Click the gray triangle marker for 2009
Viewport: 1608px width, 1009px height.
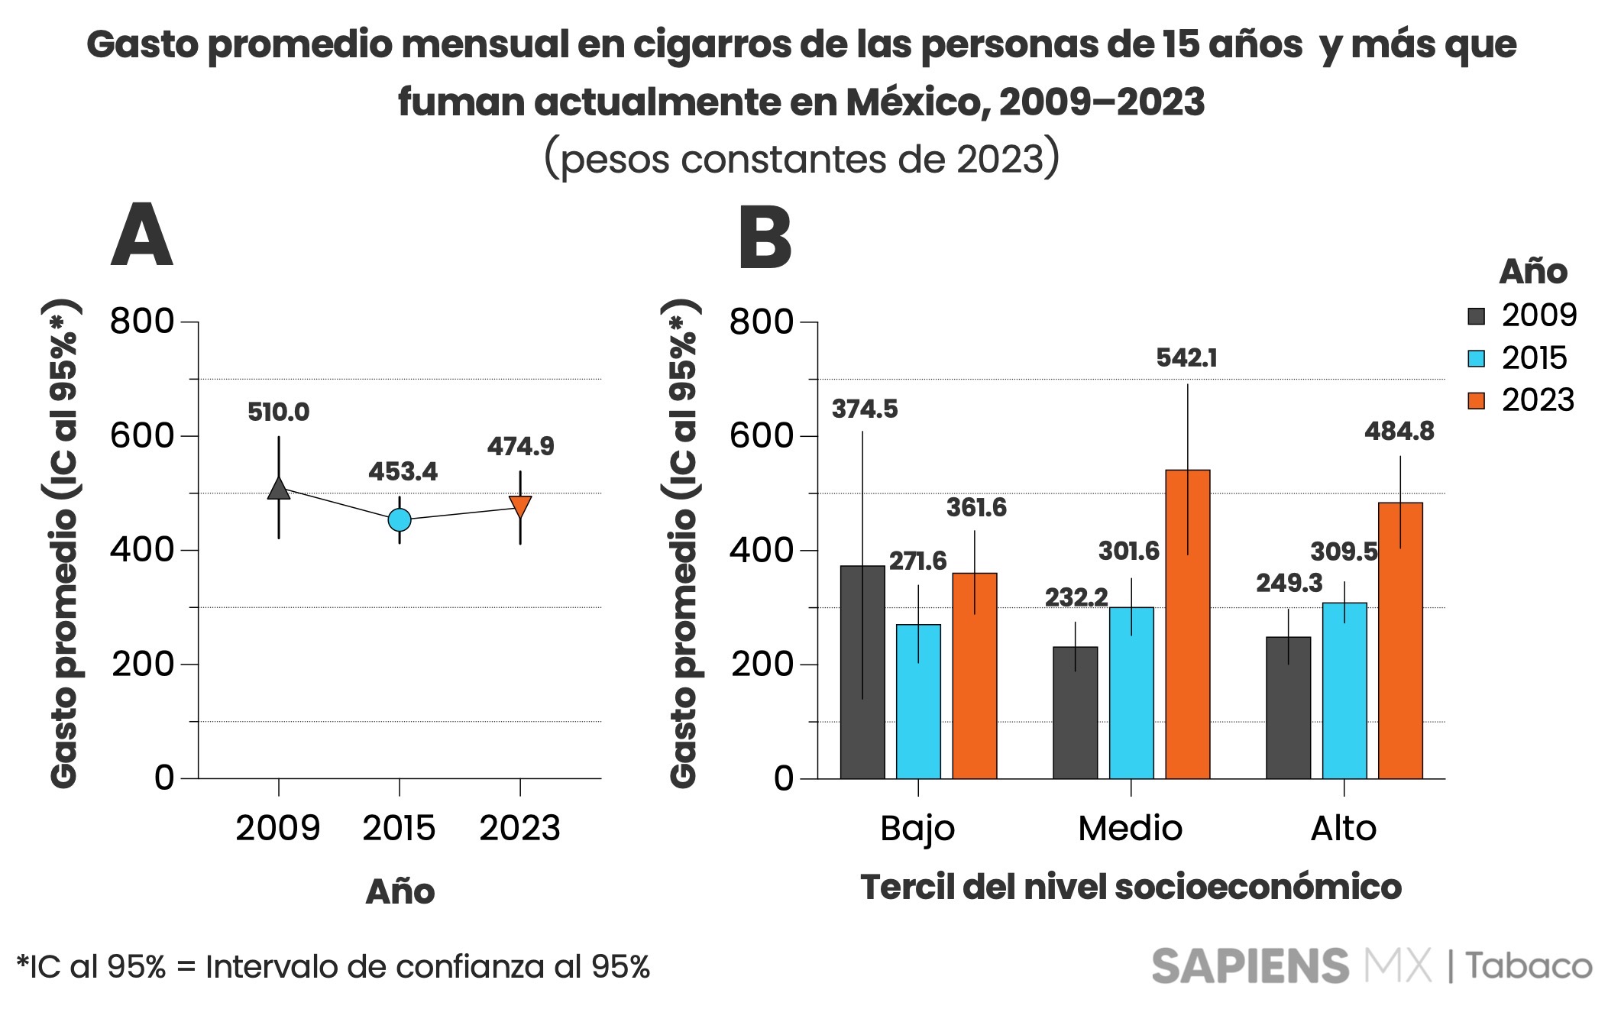[x=279, y=489]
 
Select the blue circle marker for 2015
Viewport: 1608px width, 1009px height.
[x=400, y=519]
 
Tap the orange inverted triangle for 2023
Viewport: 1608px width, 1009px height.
[x=520, y=506]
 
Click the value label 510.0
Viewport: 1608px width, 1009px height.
[x=278, y=412]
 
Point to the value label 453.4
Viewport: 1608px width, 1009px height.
[x=403, y=472]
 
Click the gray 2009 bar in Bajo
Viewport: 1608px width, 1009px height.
[x=862, y=672]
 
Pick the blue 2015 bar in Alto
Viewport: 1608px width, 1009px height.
[x=1344, y=690]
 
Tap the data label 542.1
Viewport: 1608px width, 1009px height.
[x=1186, y=357]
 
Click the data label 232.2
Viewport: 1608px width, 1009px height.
[x=1076, y=597]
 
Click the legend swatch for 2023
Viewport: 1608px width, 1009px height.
[x=1476, y=400]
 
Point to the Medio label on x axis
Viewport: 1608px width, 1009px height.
[x=1130, y=829]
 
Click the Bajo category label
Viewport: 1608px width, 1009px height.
[x=917, y=829]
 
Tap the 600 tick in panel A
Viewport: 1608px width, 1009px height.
[x=142, y=436]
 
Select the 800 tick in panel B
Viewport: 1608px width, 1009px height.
[x=762, y=322]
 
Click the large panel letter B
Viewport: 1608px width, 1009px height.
[x=765, y=238]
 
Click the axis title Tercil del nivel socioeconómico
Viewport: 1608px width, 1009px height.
[x=1131, y=888]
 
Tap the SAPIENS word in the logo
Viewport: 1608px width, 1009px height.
[x=1250, y=966]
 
